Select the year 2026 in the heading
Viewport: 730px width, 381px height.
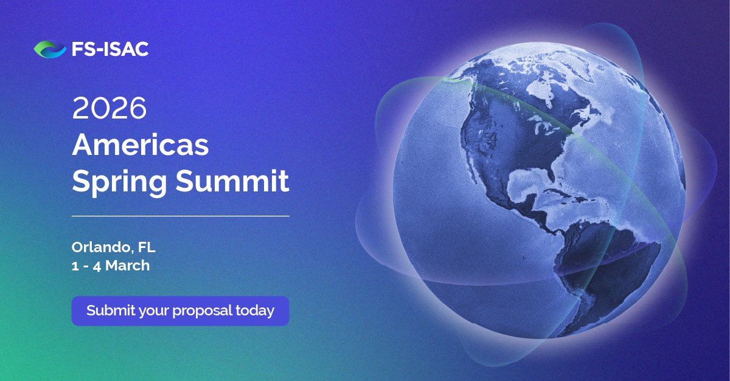[x=109, y=109]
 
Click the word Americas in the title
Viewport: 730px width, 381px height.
[x=141, y=145]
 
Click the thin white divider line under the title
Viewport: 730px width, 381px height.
[x=180, y=216]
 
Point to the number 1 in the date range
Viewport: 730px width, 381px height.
[x=75, y=266]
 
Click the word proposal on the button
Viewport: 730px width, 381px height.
[x=201, y=311]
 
